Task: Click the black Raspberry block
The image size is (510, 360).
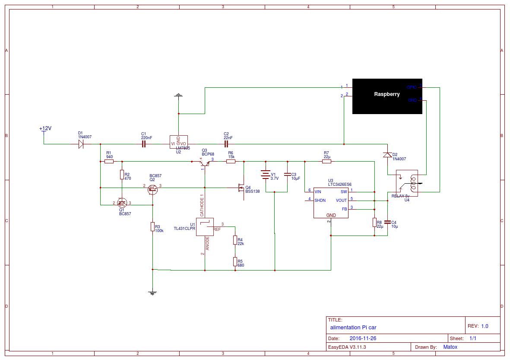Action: [387, 96]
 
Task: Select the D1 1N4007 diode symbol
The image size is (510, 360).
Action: [81, 144]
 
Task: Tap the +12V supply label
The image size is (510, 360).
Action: [45, 129]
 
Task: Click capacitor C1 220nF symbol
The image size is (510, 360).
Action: [144, 144]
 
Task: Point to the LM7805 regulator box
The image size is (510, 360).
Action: [178, 142]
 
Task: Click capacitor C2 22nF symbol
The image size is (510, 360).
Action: [226, 144]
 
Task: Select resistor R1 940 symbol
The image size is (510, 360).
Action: [109, 162]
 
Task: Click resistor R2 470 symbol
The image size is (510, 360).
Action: [122, 175]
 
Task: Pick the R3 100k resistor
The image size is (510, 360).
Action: [152, 227]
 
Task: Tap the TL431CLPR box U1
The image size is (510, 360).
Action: [205, 227]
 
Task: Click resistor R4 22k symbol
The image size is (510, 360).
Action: [235, 240]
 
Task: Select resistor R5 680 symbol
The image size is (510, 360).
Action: [235, 261]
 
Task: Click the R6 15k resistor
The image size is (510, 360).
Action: [231, 162]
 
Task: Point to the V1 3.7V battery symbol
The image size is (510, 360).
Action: [265, 175]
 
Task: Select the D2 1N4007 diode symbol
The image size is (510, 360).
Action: [387, 155]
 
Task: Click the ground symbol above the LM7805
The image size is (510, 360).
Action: [178, 96]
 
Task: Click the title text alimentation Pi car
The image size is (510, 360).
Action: [353, 328]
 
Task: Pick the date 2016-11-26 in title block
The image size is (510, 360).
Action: [363, 338]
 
